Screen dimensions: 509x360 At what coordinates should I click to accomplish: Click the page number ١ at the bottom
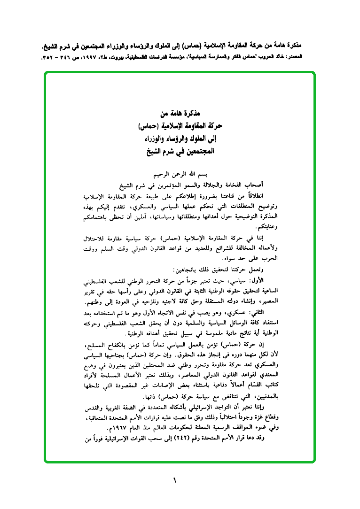(174, 481)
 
